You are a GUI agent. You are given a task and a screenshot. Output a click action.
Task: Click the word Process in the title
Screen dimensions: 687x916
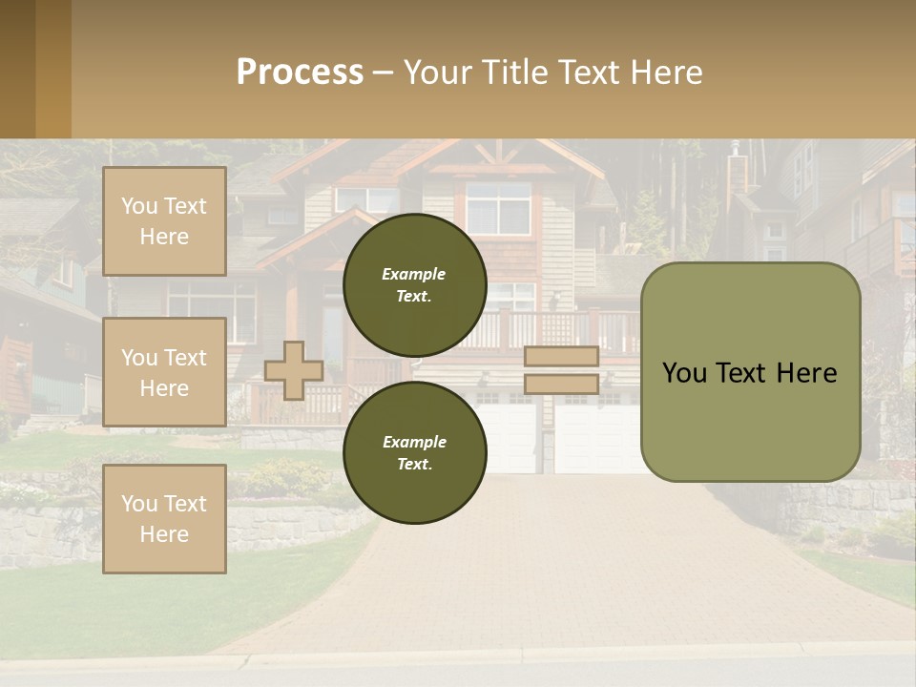tap(300, 73)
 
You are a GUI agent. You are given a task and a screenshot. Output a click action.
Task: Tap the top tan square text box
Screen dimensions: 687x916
tap(164, 221)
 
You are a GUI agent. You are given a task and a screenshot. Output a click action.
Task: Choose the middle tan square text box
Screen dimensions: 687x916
tap(164, 372)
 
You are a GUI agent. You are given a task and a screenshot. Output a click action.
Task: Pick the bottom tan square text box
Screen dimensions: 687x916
tap(164, 518)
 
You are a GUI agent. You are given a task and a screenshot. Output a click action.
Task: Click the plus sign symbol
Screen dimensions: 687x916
tap(294, 370)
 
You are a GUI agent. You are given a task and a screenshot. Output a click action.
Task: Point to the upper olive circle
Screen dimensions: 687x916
tap(414, 284)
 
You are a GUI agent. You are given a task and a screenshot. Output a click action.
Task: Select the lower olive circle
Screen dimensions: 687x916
tap(414, 452)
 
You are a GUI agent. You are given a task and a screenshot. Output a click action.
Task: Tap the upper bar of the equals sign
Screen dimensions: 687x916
tap(561, 357)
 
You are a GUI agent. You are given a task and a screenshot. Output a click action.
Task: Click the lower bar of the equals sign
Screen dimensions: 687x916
tap(561, 384)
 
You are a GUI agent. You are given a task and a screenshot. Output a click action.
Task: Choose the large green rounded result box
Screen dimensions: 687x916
tap(750, 372)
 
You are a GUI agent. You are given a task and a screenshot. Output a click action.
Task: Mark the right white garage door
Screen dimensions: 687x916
tap(596, 439)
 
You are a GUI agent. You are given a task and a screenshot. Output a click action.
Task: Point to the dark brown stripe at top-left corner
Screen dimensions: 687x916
tap(17, 69)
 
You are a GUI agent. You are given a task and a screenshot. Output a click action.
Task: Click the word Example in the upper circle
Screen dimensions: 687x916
tap(414, 274)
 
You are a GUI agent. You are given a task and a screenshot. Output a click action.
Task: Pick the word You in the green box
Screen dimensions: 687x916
tap(684, 373)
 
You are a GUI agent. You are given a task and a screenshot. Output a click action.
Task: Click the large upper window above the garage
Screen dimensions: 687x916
tap(498, 208)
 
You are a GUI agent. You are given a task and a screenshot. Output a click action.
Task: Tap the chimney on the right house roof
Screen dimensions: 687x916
tap(738, 172)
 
